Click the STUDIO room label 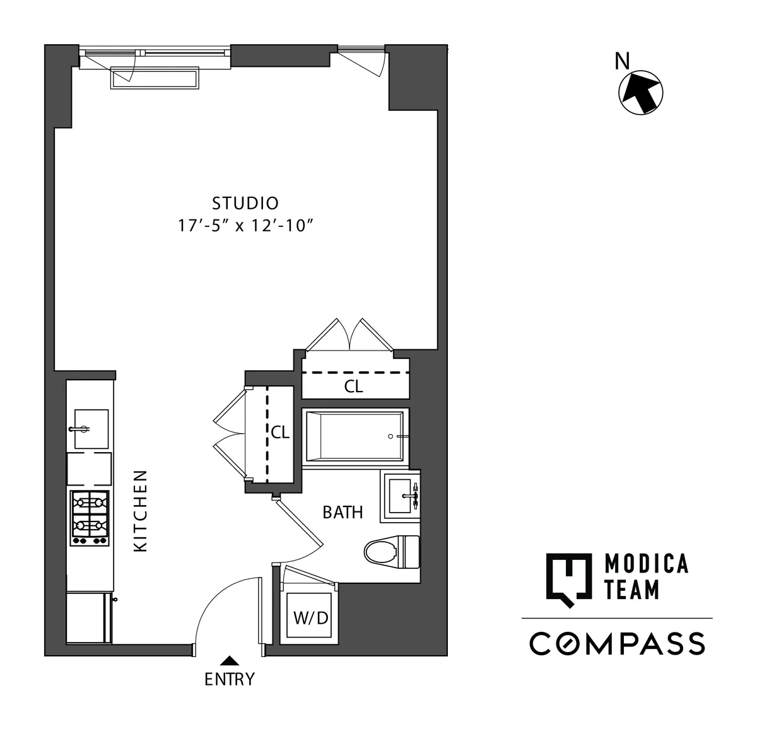(245, 204)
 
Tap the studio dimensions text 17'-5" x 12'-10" (245, 226)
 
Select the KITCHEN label (141, 510)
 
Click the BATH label (343, 513)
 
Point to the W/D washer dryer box (310, 617)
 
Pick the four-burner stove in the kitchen (89, 518)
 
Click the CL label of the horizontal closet (353, 387)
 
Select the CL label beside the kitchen (280, 433)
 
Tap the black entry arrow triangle (230, 661)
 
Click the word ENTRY (230, 680)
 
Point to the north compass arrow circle (640, 93)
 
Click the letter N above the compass (622, 61)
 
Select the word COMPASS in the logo (617, 644)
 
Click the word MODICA (645, 564)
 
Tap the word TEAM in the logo (631, 590)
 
